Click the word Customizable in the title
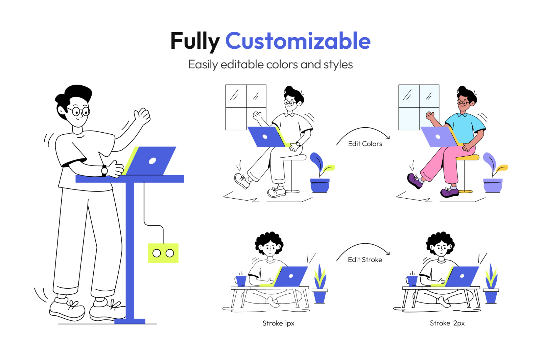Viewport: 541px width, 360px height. point(298,41)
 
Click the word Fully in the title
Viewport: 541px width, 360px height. point(195,42)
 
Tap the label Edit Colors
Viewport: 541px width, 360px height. point(365,144)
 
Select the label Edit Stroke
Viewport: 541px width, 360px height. point(365,260)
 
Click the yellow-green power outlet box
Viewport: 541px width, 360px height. point(163,253)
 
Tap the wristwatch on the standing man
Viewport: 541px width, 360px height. point(104,171)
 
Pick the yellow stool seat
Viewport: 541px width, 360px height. point(468,158)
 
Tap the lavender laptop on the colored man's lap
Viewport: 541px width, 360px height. point(439,137)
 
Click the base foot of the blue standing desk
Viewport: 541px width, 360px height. point(130,321)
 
